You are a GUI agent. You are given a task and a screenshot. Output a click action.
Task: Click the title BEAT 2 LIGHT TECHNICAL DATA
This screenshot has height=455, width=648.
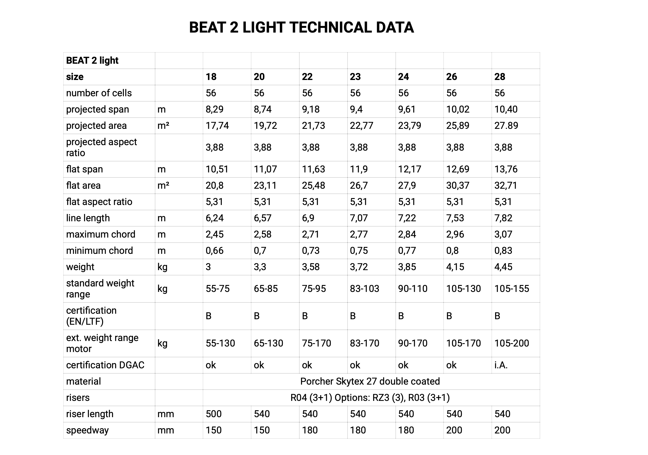pos(301,28)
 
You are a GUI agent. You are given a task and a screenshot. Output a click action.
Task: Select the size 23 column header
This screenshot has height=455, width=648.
pos(355,77)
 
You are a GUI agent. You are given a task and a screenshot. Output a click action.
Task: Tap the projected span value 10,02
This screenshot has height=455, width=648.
pos(457,109)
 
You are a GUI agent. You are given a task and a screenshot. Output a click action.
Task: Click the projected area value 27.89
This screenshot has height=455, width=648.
pos(506,125)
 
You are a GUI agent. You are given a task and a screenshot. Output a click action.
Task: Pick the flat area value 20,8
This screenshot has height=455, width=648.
pos(214,186)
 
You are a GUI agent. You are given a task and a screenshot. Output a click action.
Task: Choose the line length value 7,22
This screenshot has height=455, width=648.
pos(407,218)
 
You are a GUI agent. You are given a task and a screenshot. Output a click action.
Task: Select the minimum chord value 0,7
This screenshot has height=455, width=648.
pos(260,251)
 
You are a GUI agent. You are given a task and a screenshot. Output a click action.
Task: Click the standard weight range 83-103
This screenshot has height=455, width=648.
pos(364,289)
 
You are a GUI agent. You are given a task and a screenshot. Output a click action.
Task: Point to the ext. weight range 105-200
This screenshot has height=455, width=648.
pos(511,343)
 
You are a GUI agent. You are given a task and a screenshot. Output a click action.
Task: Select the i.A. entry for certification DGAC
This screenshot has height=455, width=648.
pos(501,365)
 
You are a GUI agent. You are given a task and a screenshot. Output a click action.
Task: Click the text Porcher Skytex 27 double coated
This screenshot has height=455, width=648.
pos(370,381)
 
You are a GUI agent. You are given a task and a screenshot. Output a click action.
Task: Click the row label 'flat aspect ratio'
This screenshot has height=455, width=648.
pos(99,202)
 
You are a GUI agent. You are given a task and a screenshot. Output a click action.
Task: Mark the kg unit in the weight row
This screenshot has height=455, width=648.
pos(162,267)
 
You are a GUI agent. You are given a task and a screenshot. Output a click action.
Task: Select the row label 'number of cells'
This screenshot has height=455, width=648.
pos(99,93)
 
